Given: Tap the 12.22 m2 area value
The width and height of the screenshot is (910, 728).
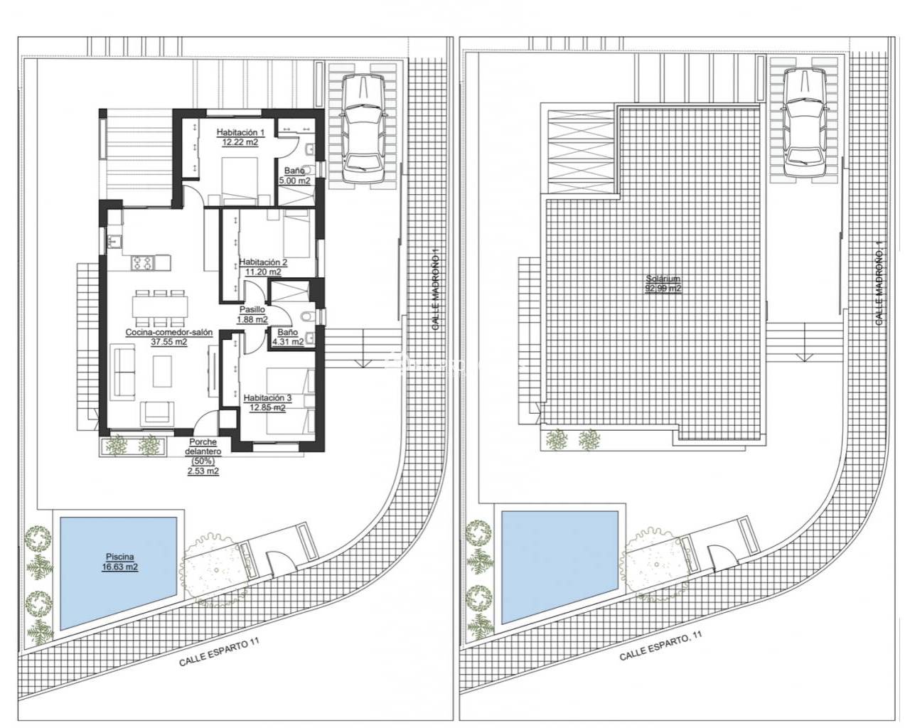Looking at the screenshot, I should [240, 142].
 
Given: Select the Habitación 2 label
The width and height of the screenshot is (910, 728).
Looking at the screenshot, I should [263, 261].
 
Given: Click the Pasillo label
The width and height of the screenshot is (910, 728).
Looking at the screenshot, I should [252, 310].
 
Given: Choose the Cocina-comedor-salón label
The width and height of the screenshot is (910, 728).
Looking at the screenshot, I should [159, 332].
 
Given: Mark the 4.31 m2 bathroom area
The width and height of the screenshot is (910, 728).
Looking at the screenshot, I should [287, 341].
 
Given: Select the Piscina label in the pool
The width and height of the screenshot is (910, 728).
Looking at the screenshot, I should [117, 557].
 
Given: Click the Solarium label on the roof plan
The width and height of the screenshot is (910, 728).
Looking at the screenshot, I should [663, 279].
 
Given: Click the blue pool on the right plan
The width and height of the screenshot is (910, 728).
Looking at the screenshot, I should [558, 565].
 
